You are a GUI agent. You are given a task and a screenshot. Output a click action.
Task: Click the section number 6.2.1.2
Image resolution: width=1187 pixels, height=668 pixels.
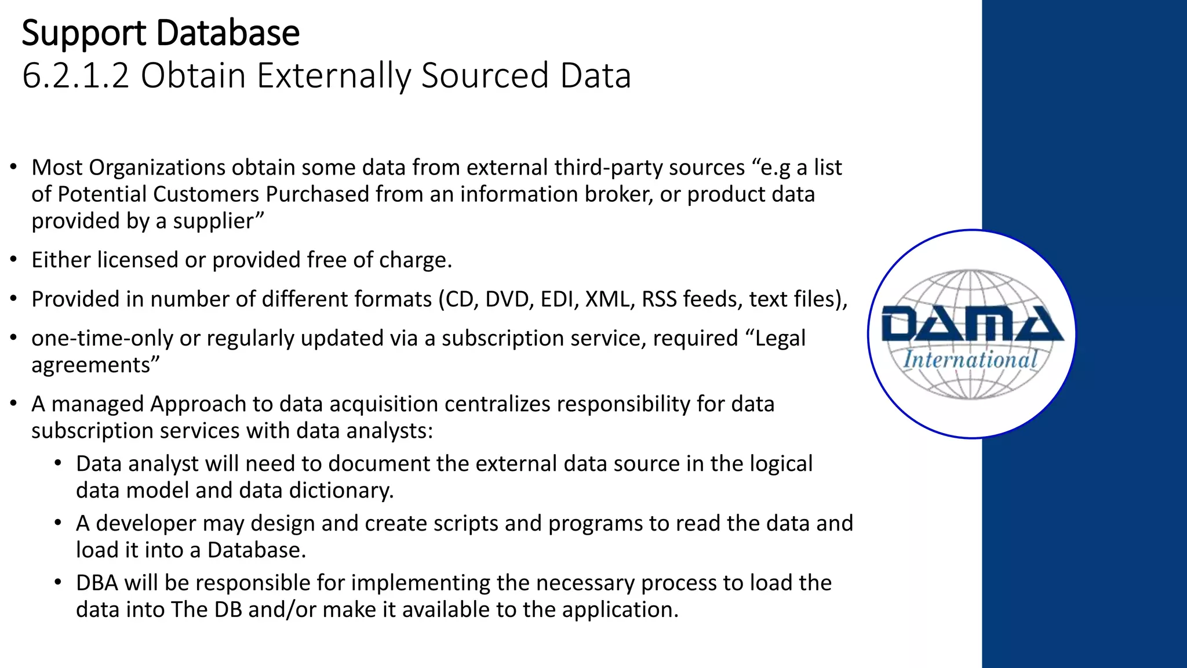point(75,76)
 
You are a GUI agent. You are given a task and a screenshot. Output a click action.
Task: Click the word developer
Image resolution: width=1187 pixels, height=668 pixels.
point(145,523)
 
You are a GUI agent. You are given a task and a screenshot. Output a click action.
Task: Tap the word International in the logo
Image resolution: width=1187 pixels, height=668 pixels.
point(970,360)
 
